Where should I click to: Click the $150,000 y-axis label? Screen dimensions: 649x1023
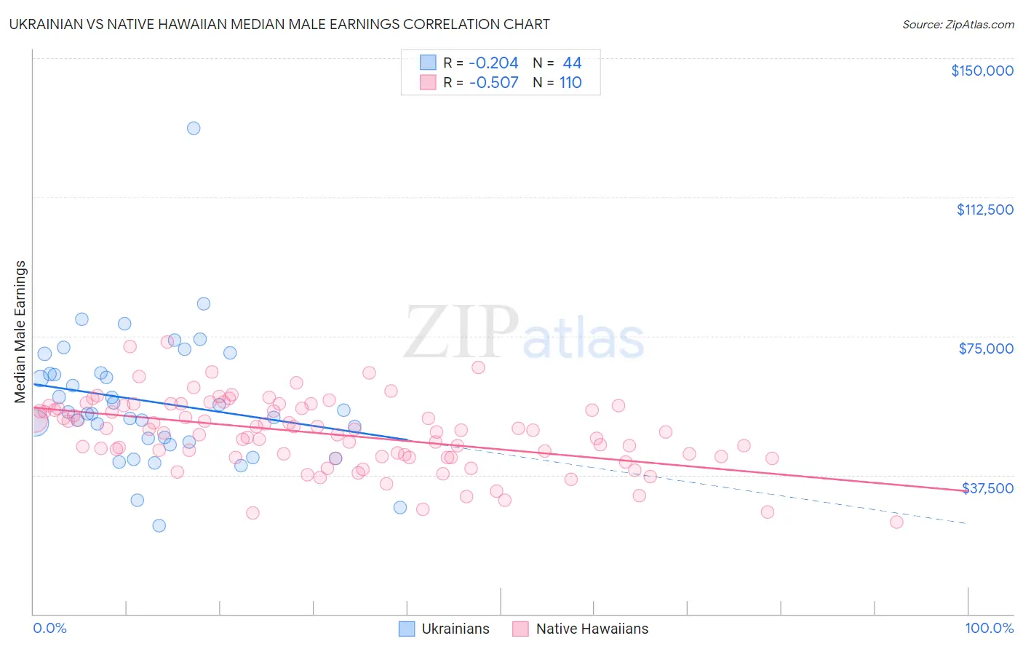click(x=982, y=71)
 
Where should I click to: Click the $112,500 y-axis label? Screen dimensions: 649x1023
click(x=984, y=210)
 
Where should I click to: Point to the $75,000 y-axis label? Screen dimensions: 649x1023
click(x=986, y=349)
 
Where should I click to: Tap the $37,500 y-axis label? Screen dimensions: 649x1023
click(x=987, y=487)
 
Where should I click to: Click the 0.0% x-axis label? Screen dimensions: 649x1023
click(x=49, y=628)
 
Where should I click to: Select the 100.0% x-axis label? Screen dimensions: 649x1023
click(x=989, y=628)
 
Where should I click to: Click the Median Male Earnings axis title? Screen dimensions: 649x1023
click(x=20, y=331)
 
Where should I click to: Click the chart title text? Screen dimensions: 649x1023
click(x=279, y=24)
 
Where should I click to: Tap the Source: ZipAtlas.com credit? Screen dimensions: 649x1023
click(x=958, y=24)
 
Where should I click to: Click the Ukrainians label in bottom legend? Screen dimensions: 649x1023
click(x=455, y=629)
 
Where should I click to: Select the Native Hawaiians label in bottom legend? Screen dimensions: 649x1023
click(x=592, y=629)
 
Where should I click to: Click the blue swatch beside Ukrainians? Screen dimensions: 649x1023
click(x=407, y=629)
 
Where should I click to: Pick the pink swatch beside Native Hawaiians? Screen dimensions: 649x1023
click(x=520, y=629)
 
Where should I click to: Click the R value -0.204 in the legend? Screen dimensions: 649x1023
click(x=493, y=63)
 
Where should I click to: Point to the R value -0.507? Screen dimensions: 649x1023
click(x=493, y=83)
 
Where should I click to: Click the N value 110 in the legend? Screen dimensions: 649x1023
click(x=570, y=83)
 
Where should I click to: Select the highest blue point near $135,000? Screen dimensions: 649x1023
click(x=194, y=128)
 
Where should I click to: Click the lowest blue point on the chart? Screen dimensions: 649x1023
click(x=159, y=525)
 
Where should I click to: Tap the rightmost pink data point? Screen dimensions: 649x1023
click(x=896, y=522)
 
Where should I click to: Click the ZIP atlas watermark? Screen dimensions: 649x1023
click(x=524, y=333)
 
